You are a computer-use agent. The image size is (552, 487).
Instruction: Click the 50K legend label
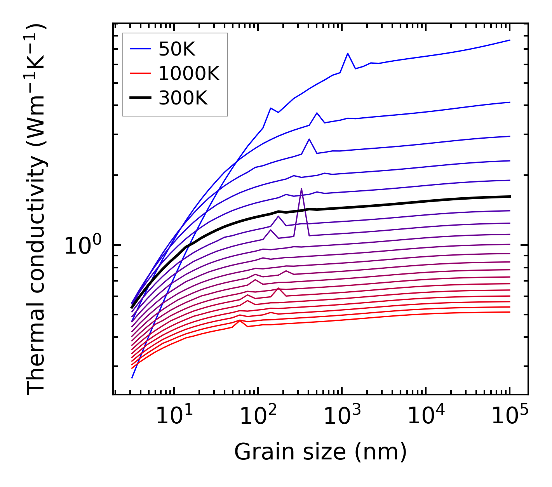click(x=176, y=49)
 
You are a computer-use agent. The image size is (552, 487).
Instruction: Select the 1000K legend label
click(x=189, y=73)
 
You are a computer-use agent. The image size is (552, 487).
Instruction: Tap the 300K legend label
click(x=183, y=98)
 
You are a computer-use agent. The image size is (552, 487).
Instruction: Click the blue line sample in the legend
click(x=140, y=49)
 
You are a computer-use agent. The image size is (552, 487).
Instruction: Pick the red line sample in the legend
click(x=140, y=73)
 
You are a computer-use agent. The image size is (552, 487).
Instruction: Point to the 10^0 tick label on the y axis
click(x=83, y=246)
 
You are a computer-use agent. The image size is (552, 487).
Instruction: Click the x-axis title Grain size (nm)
click(x=320, y=452)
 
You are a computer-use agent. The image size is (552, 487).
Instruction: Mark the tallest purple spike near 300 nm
click(x=301, y=189)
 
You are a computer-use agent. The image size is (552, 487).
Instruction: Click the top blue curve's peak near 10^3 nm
click(x=348, y=53)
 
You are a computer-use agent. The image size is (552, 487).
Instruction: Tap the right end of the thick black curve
click(x=510, y=197)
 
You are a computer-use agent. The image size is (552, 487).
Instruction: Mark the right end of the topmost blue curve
click(x=510, y=40)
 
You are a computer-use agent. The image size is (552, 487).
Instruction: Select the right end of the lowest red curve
click(x=510, y=312)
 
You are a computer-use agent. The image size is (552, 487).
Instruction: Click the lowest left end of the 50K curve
click(x=132, y=377)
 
